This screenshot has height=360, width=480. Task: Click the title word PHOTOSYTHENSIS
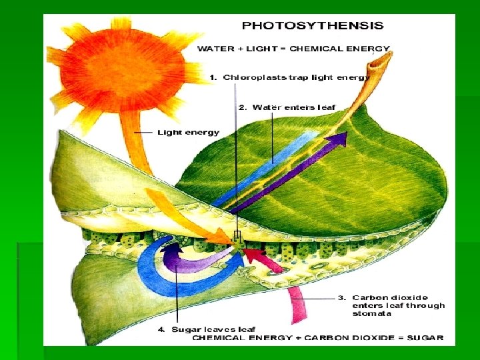[x=312, y=26]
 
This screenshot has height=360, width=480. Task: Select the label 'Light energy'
[x=188, y=133]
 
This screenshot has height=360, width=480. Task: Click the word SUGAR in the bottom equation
[x=427, y=338]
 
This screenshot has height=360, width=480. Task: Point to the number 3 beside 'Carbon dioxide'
[x=341, y=298]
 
